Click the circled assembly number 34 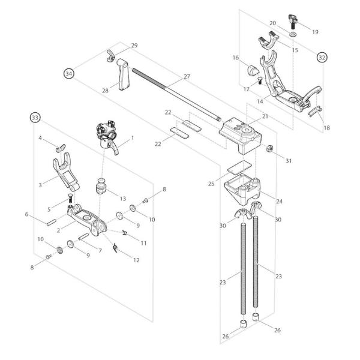[x=70, y=73]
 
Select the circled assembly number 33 [x=35, y=118]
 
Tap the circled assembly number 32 [x=322, y=58]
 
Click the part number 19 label [x=315, y=32]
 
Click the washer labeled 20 [x=292, y=35]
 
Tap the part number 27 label [x=187, y=77]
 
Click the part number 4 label [x=40, y=138]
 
